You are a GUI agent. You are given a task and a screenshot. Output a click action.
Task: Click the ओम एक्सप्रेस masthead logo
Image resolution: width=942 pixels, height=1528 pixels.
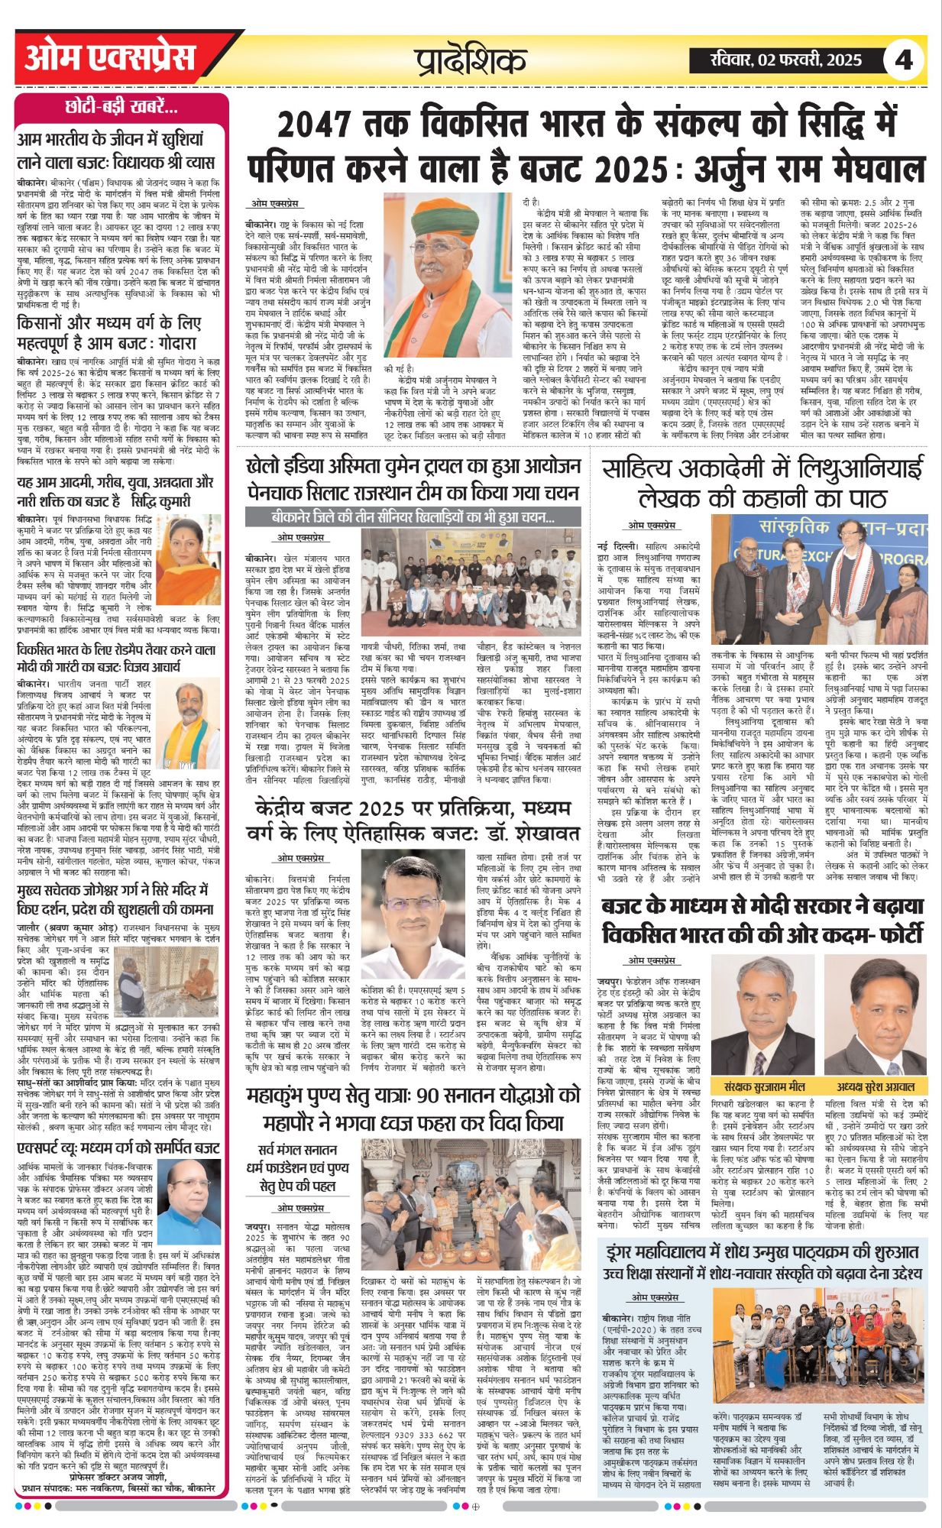tap(111, 59)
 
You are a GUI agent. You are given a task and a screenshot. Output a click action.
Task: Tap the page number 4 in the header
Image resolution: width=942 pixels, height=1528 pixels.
tap(905, 60)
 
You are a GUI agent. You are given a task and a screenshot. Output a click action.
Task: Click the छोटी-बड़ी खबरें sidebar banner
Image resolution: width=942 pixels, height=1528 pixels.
tap(121, 106)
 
